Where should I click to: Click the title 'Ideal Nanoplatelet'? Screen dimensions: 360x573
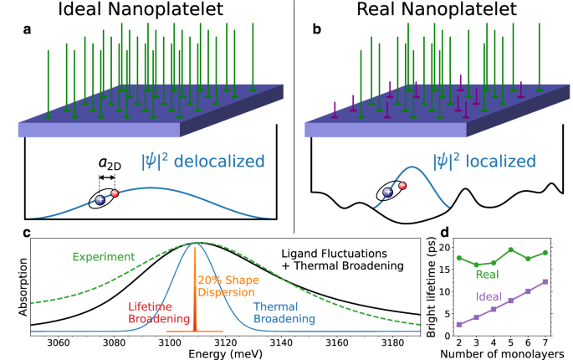144,13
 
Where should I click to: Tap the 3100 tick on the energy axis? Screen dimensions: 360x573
170,342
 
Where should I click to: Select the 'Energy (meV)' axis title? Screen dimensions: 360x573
226,353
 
